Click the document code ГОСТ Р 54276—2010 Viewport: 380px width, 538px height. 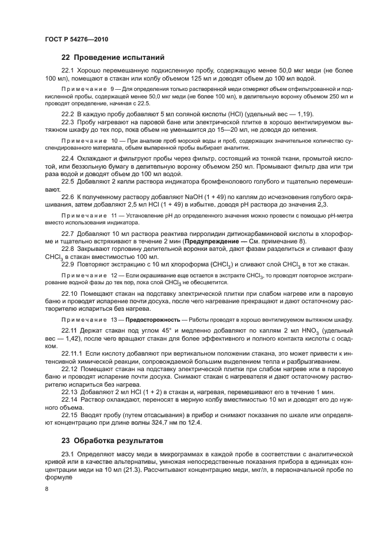[76, 39]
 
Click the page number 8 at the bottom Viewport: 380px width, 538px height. [47, 489]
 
